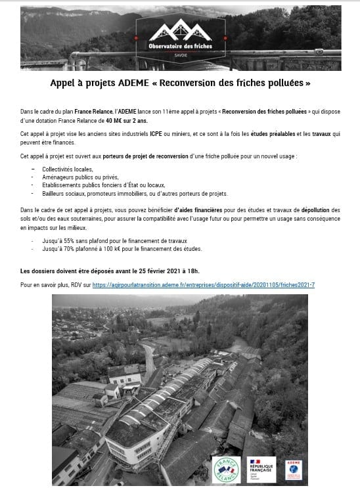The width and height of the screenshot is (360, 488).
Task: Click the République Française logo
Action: tap(260, 468)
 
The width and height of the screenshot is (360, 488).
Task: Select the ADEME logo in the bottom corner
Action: tap(293, 468)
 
